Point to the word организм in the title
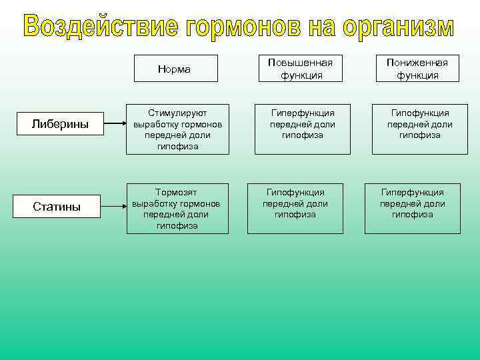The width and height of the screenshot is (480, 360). (399, 27)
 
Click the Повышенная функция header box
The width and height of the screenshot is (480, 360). (301, 68)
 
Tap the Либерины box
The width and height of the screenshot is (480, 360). (61, 124)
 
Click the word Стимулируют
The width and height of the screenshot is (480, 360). (177, 113)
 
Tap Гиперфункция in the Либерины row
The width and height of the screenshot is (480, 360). (302, 113)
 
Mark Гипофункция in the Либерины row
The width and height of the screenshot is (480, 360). (420, 113)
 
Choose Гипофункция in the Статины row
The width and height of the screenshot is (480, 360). (295, 192)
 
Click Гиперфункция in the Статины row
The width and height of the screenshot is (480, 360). (413, 192)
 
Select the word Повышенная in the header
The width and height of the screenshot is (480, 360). (300, 62)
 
